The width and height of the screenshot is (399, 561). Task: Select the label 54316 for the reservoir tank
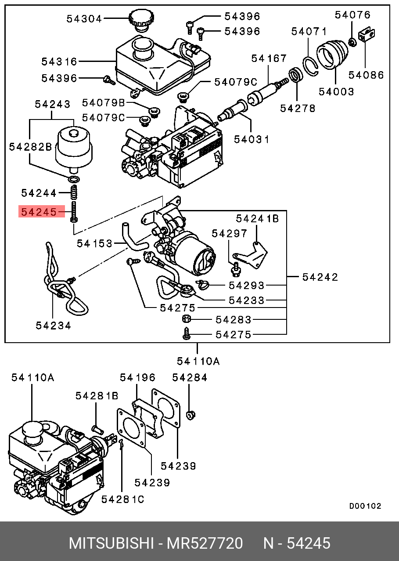coord(59,62)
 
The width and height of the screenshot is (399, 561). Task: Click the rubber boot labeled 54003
coord(332,54)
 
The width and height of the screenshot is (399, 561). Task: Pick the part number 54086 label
coord(366,75)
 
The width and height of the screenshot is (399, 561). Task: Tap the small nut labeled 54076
coord(352,42)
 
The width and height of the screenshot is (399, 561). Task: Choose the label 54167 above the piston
coord(269,58)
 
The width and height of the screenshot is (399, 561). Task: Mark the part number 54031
coord(252,139)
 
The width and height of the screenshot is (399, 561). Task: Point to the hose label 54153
coord(94,243)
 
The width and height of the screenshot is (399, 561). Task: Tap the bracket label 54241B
coord(257,218)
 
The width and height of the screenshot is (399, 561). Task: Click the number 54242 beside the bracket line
coord(320,277)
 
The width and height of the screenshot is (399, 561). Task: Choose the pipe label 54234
coord(54,326)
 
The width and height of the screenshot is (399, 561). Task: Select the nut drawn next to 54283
coord(186,319)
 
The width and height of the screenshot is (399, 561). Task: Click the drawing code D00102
coord(365,506)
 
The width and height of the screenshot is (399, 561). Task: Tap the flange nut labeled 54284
coord(191,414)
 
